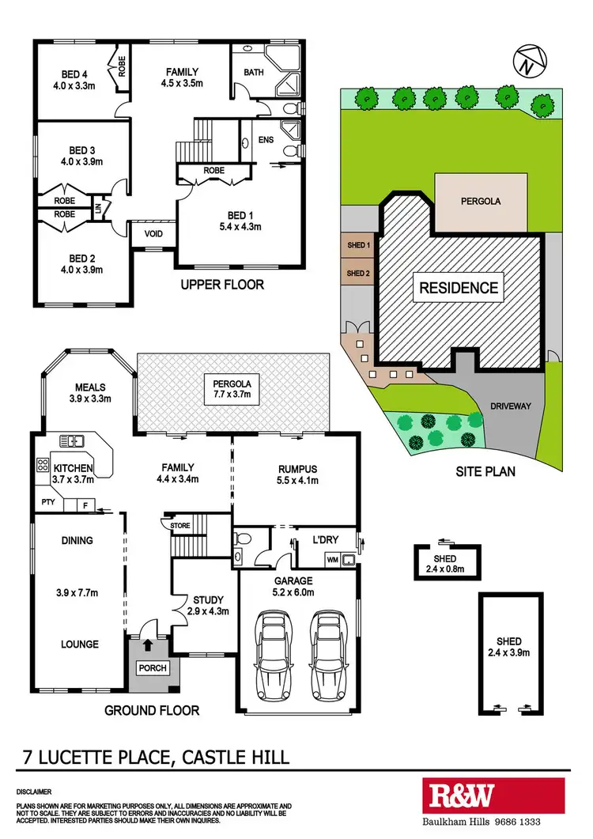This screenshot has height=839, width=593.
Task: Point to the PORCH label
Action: coord(153,667)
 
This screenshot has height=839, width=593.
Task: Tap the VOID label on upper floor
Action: coord(153,234)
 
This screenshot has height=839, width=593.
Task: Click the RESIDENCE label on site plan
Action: coord(459,288)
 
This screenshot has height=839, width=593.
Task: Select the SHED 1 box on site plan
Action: coord(358,245)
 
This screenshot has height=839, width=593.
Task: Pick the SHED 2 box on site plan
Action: coord(358,273)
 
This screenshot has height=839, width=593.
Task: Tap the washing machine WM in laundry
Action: coord(333,560)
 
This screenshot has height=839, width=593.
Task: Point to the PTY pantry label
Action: coord(47,501)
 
